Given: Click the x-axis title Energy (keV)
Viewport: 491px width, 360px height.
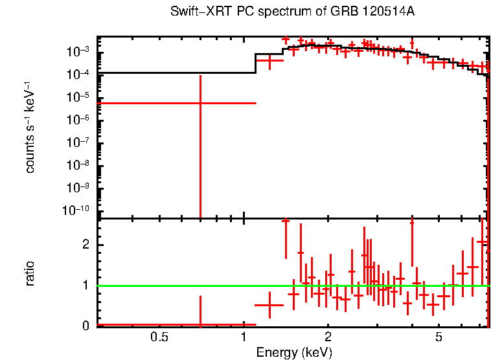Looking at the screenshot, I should click(x=294, y=352).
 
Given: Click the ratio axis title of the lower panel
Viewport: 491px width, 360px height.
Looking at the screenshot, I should click(x=30, y=273).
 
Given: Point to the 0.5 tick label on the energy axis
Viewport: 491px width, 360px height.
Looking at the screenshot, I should click(x=159, y=337).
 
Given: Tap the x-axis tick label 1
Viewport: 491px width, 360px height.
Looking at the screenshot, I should click(x=244, y=337).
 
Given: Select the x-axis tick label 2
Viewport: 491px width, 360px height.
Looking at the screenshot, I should click(x=328, y=337).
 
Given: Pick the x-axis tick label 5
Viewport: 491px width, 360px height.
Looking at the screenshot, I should click(x=439, y=337).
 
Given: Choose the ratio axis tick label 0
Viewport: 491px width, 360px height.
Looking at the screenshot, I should click(x=86, y=326).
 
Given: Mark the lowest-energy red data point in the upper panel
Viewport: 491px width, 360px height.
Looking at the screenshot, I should click(x=200, y=103).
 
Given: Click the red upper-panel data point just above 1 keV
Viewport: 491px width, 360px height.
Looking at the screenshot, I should click(x=269, y=60).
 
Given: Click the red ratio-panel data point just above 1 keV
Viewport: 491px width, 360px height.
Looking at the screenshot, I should click(x=269, y=305).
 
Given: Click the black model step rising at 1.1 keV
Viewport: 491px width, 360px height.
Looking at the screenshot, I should click(x=255, y=63).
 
